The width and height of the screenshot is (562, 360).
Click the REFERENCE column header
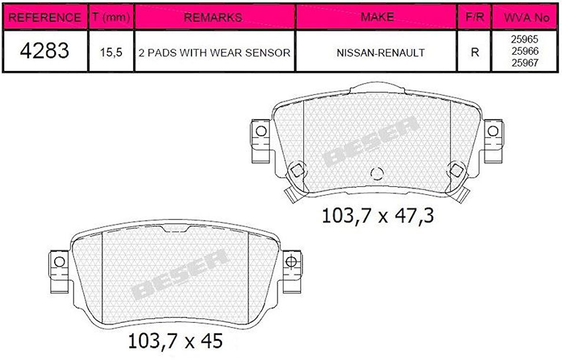45,18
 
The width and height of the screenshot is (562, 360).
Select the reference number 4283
45,51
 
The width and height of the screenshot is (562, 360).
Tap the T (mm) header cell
111,18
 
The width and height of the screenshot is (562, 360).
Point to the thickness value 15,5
111,52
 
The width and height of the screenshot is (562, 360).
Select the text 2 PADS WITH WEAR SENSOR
214,52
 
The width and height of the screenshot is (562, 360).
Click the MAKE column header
377,17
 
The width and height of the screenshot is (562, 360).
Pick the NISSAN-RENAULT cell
380,52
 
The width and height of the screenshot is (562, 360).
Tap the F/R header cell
474,18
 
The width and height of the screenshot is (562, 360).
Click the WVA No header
527,18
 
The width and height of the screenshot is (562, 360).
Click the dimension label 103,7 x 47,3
378,216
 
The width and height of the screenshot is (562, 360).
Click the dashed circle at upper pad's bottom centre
377,174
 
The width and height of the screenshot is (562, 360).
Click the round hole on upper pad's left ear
260,130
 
